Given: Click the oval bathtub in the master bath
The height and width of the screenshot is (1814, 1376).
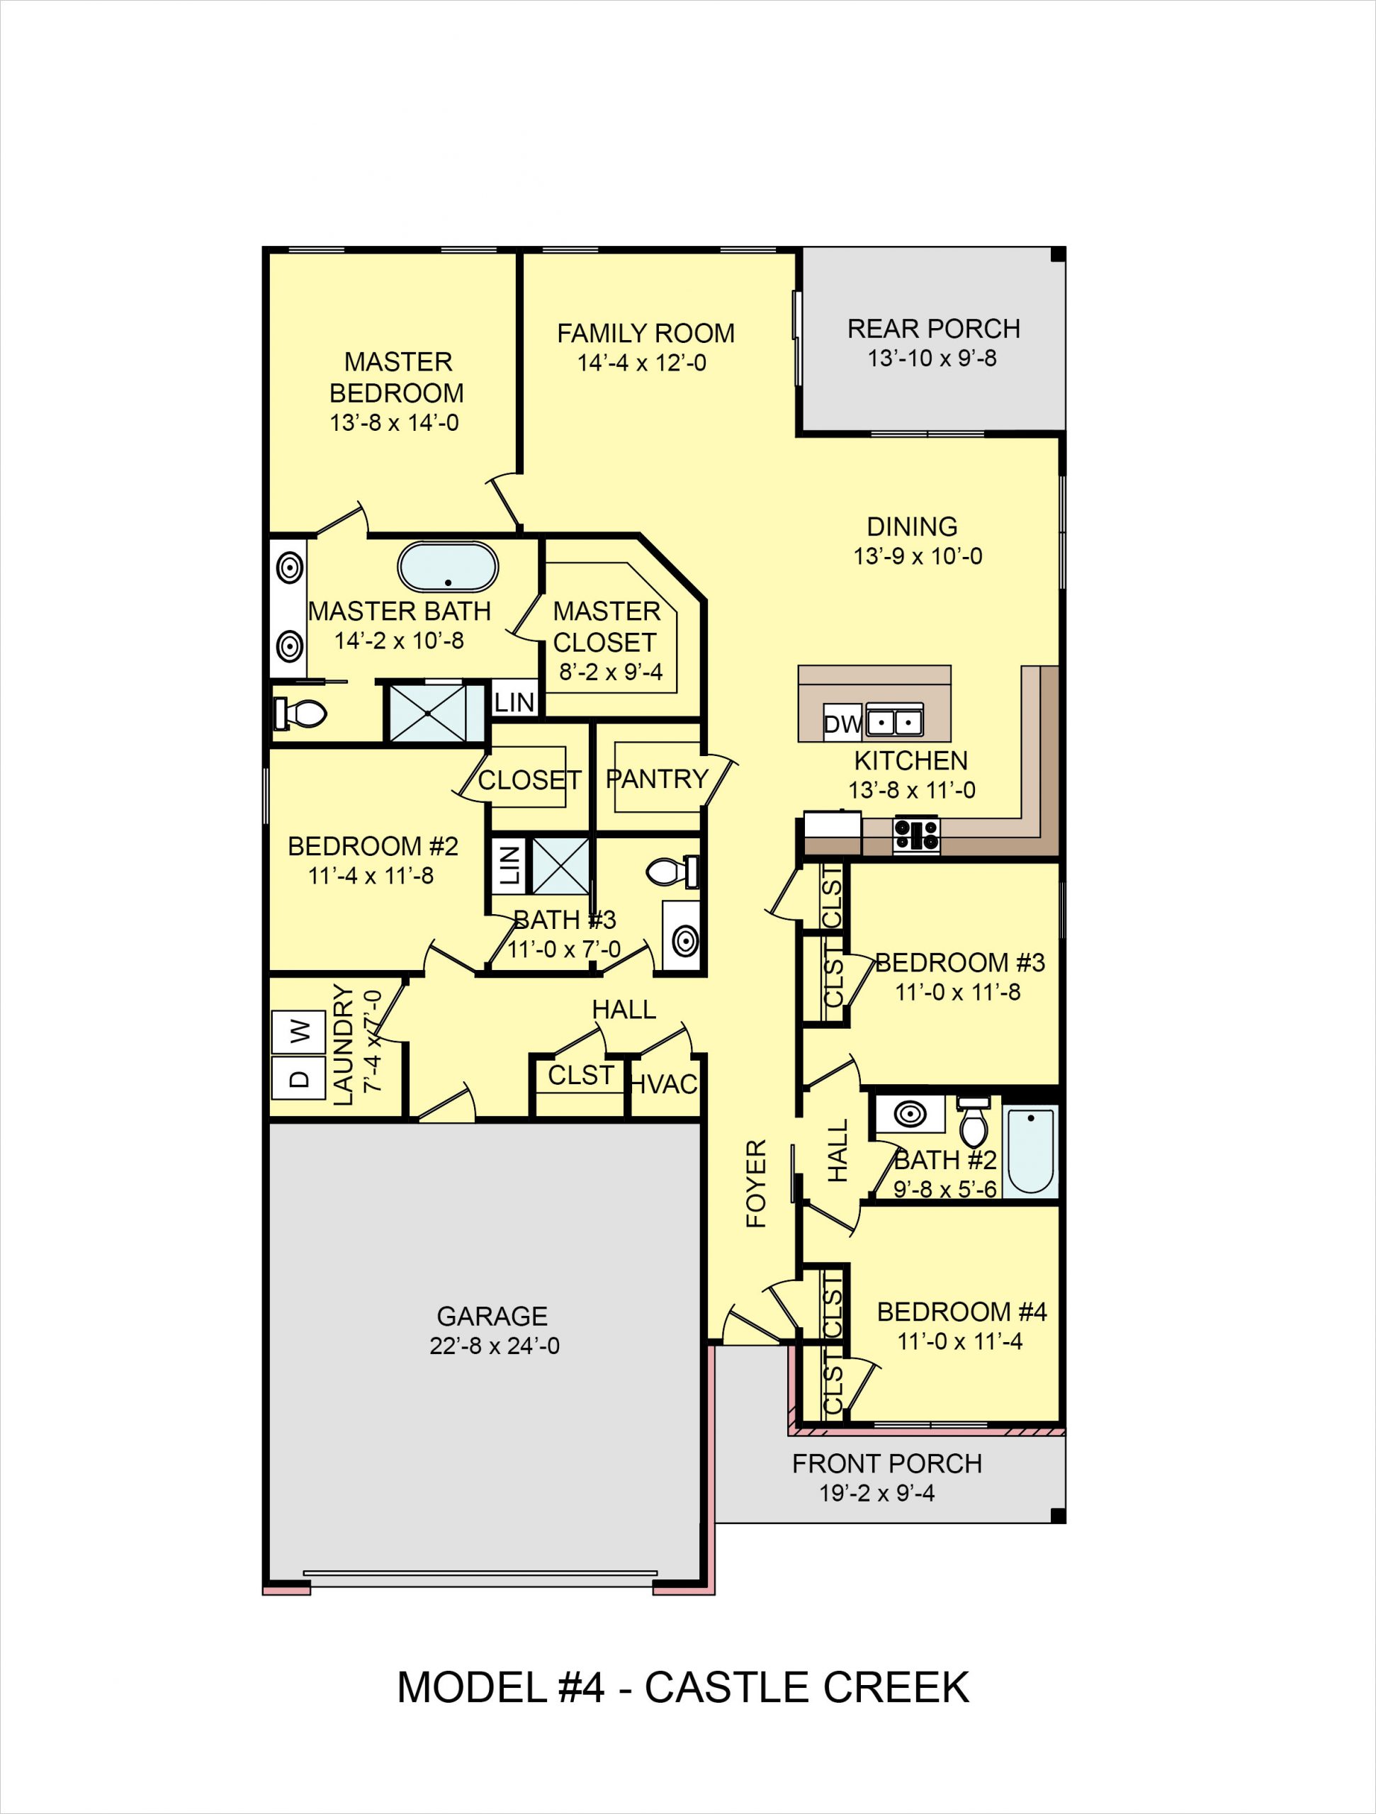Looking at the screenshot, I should tap(448, 567).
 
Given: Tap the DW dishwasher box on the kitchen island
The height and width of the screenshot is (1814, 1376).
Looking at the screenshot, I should tap(841, 723).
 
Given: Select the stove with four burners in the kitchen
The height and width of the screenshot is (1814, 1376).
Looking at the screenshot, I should tap(916, 835).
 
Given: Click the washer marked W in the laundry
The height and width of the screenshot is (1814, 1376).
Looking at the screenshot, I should tap(298, 1031).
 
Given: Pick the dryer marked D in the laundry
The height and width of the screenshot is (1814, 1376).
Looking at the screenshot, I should tap(298, 1078).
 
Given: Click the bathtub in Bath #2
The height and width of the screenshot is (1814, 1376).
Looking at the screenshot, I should tap(1030, 1151).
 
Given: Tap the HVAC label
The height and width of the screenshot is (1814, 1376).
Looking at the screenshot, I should tap(664, 1085).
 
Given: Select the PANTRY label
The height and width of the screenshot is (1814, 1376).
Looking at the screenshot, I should tap(657, 778).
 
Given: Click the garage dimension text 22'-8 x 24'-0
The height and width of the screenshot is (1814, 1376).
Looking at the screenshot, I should tap(495, 1346).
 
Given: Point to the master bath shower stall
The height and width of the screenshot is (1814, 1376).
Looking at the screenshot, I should tap(427, 712).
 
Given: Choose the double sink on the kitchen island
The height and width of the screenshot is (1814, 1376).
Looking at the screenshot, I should tap(895, 721).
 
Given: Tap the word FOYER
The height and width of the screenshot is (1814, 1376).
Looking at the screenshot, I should tap(755, 1183).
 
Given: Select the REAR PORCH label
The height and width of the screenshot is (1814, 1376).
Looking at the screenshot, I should tap(933, 329).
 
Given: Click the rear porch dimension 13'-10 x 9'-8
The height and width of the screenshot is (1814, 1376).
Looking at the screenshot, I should tap(932, 359).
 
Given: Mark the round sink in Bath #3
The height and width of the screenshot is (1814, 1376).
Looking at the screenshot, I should tap(684, 942).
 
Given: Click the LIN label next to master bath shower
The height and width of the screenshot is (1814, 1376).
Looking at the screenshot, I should tap(514, 702).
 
